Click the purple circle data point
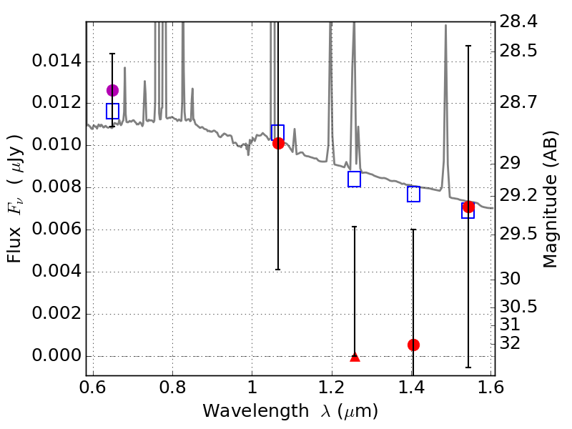(x=112, y=90)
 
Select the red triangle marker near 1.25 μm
(x=355, y=356)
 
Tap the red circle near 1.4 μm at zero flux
(x=413, y=345)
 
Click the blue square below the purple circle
(x=112, y=111)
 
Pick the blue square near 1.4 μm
(x=413, y=194)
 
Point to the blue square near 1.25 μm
(x=355, y=179)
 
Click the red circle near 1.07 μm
(x=278, y=143)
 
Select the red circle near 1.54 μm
(x=468, y=207)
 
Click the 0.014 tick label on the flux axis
(x=56, y=61)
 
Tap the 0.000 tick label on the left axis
(x=56, y=357)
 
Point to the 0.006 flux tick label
(x=56, y=230)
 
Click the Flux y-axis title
(x=16, y=199)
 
